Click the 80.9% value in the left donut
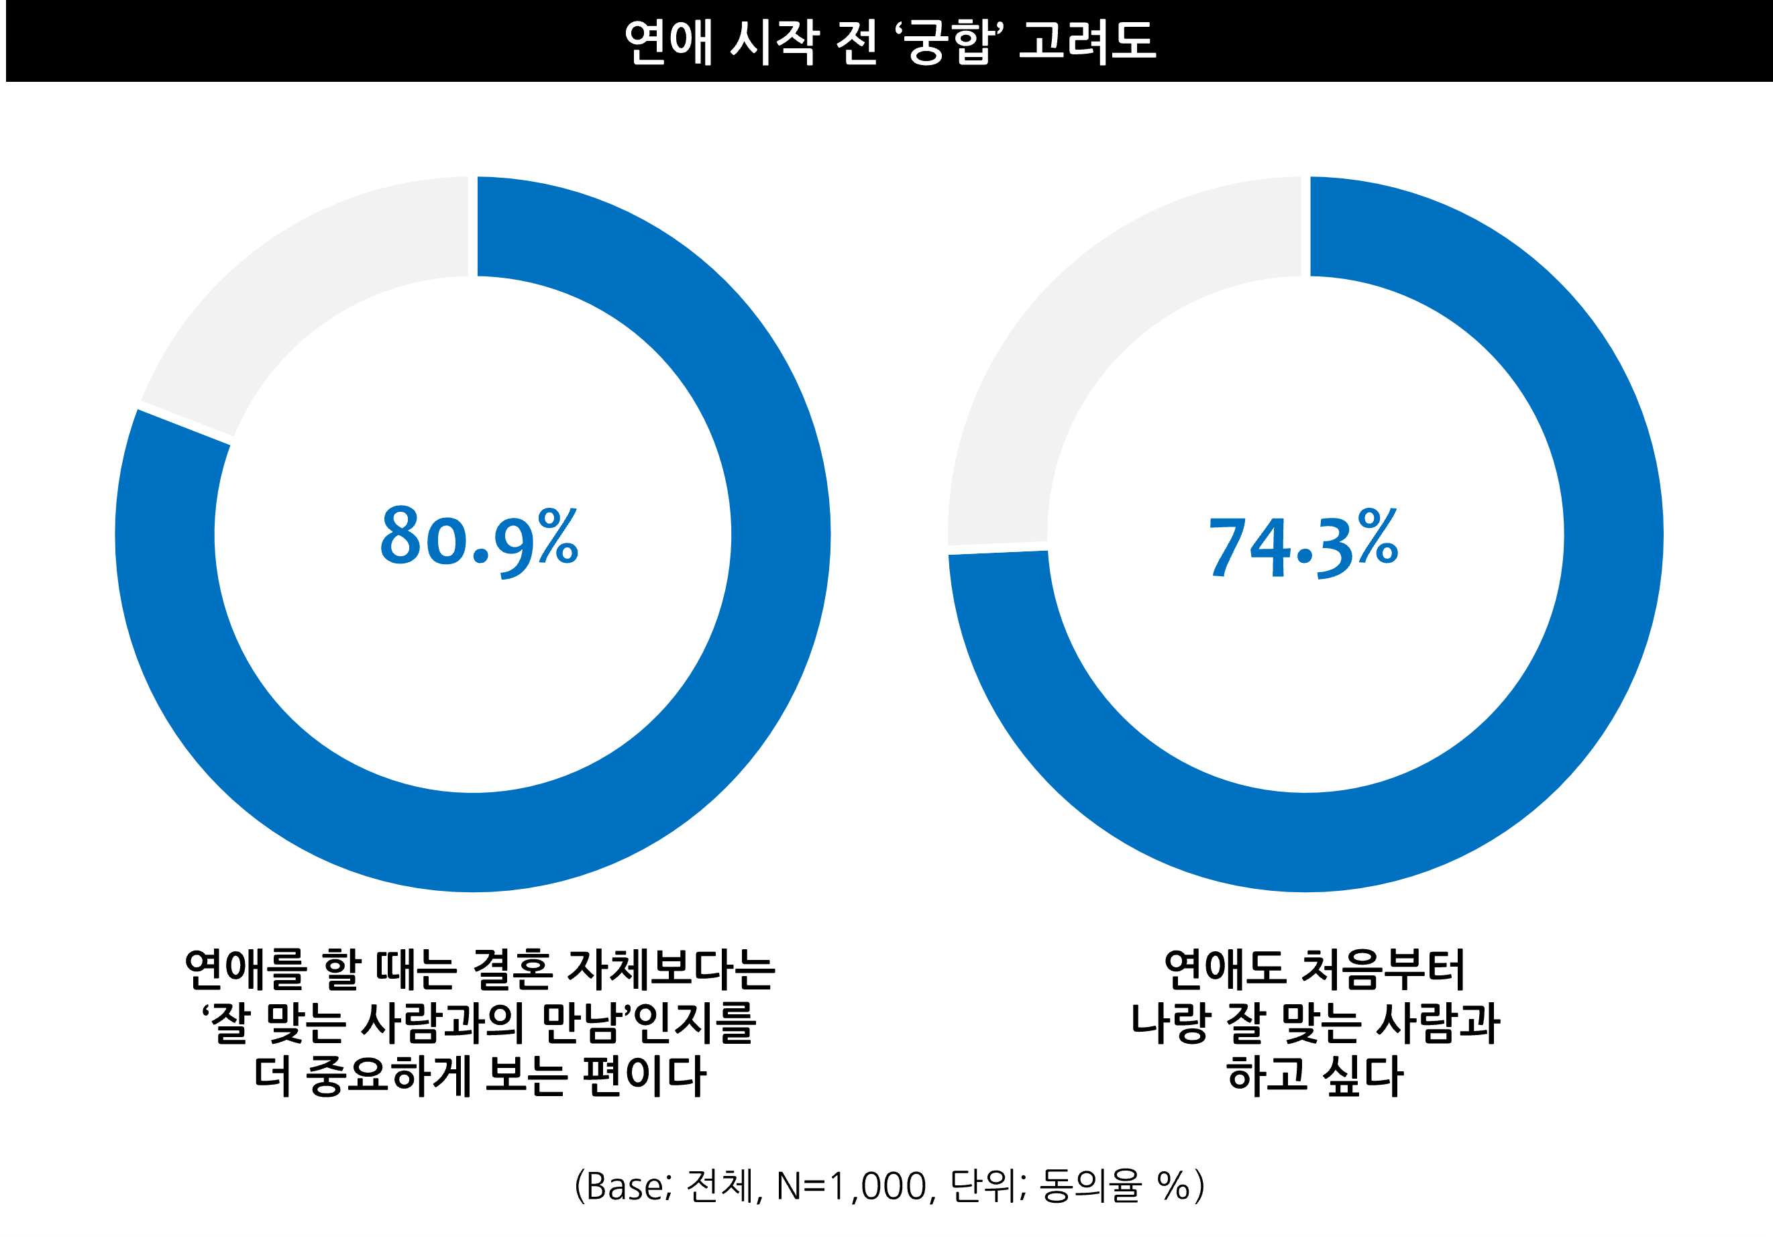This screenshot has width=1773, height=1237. coord(479,537)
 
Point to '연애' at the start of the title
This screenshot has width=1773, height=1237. coord(667,42)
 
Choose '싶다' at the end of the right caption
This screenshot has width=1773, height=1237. coord(1363,1075)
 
